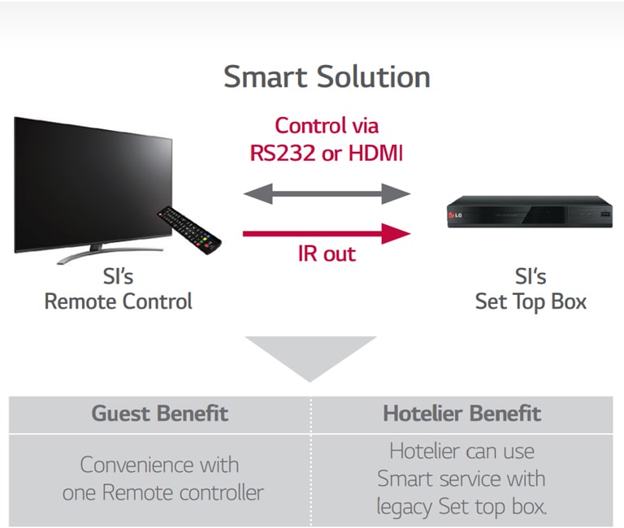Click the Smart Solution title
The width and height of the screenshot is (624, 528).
tap(327, 78)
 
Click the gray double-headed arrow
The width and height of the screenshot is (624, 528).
tap(327, 193)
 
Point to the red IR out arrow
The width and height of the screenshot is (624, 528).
tap(327, 235)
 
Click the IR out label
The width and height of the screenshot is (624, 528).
tap(326, 253)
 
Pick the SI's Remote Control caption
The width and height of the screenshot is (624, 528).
tap(118, 290)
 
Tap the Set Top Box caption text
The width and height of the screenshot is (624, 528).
tap(531, 302)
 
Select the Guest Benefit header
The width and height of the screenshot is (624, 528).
tap(159, 413)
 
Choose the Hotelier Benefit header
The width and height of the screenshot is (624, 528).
tap(462, 413)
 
